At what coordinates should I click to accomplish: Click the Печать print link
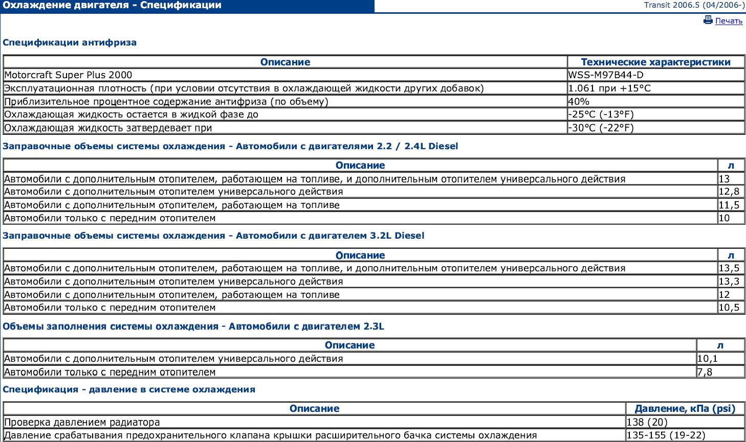(x=729, y=21)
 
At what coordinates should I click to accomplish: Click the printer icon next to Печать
(x=708, y=20)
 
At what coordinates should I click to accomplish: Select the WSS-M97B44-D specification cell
(x=606, y=75)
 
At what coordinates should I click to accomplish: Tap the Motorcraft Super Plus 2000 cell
(x=68, y=75)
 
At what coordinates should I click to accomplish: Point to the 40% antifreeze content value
(x=579, y=102)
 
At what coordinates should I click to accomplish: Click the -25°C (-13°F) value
(x=601, y=114)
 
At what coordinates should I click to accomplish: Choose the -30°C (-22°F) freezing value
(x=601, y=128)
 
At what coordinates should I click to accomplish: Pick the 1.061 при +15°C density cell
(x=609, y=88)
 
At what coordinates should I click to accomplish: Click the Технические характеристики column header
(x=655, y=62)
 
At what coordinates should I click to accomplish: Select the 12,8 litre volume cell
(x=729, y=192)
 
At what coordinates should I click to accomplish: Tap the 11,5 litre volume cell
(x=729, y=205)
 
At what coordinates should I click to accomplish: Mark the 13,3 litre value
(x=729, y=282)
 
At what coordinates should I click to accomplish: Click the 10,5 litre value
(x=729, y=308)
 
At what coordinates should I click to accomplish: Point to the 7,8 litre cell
(x=705, y=372)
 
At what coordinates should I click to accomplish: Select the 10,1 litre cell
(x=708, y=359)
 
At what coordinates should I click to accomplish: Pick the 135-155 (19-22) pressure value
(x=666, y=436)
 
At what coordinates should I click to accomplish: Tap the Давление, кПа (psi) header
(x=685, y=409)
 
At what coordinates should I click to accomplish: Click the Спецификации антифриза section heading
(x=70, y=42)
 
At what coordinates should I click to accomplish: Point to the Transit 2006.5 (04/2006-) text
(x=694, y=6)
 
